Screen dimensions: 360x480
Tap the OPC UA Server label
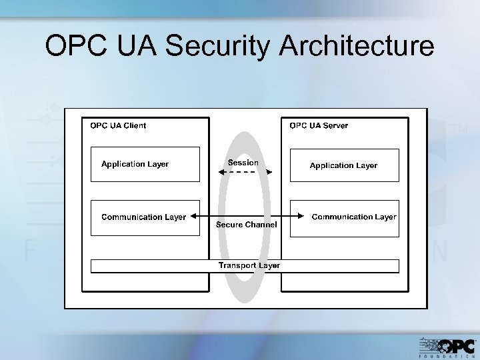point(318,125)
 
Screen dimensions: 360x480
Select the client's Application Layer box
point(145,164)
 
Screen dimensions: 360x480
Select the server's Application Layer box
point(344,165)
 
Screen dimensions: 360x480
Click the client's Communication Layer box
point(145,217)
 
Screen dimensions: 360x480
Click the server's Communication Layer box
point(344,217)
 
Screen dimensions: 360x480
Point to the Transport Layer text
point(249,265)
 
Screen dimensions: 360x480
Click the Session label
point(243,163)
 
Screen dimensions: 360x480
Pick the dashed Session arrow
point(246,172)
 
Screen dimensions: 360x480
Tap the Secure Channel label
point(246,225)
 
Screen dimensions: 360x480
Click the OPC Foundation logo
point(447,346)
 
